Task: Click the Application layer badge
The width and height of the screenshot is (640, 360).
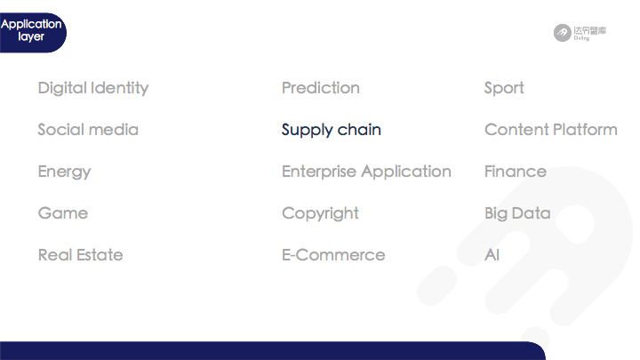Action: point(32,32)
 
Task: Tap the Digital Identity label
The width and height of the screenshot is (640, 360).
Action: point(93,88)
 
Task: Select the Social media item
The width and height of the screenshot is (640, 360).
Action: point(88,130)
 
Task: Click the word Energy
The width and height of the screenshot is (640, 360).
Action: point(65,172)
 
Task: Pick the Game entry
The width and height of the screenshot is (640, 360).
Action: point(63,213)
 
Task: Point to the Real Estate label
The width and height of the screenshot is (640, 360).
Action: point(80,255)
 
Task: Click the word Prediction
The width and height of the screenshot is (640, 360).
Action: point(321,88)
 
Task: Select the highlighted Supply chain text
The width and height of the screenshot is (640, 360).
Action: point(331,130)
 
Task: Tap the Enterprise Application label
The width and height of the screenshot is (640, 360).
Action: point(366,172)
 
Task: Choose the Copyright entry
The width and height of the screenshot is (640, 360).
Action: point(320,213)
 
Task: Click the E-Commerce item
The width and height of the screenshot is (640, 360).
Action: point(333,255)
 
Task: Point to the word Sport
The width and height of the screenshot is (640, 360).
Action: point(504,88)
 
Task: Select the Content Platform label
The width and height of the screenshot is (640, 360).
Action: point(551,130)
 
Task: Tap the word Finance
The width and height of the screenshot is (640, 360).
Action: point(516,172)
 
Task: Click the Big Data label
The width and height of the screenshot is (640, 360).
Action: point(517,213)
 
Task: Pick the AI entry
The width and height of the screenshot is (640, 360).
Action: point(492,255)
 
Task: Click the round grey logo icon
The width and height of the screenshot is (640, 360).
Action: point(563,33)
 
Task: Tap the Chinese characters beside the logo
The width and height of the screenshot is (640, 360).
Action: point(590,30)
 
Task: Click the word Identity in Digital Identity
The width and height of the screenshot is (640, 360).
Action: point(120,88)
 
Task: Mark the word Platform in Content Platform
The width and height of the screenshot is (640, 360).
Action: point(585,130)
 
